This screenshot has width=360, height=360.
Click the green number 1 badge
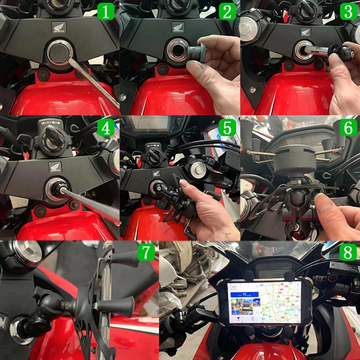(106, 12)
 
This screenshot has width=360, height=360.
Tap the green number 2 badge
(227, 12)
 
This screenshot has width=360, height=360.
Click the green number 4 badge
(106, 128)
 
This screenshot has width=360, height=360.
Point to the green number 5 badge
(227, 128)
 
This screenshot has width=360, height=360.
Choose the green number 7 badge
(146, 252)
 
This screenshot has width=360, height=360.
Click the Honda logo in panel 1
(59, 27)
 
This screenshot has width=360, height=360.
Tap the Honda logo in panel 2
(178, 27)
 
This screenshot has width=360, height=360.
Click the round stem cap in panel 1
(59, 52)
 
